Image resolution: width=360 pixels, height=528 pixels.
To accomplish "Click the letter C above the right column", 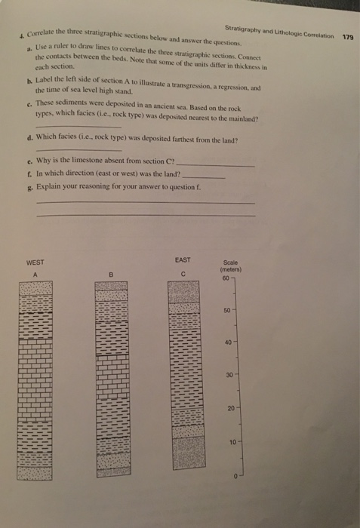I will [183, 272].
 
